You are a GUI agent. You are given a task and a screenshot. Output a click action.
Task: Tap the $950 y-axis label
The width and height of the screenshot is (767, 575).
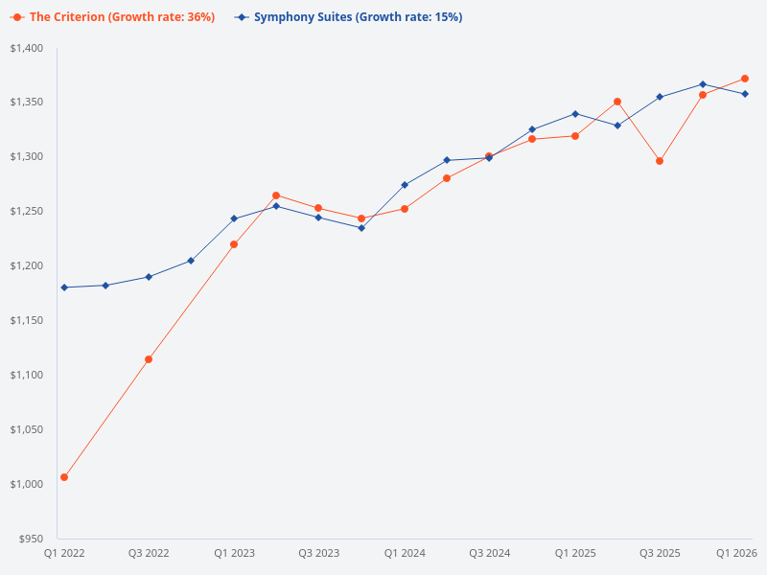coord(32,539)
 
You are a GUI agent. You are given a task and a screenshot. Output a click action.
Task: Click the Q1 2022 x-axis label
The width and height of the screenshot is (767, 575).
coord(64,554)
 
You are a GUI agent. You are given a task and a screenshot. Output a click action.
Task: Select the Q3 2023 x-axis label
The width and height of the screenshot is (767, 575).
coord(318,554)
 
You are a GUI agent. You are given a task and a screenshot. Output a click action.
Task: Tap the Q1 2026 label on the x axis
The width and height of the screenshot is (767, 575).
coord(738,554)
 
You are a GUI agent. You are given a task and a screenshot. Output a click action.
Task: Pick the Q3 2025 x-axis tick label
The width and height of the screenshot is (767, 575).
coord(660,554)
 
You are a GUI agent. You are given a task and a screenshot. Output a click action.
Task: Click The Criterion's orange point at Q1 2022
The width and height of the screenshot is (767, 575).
coord(64,477)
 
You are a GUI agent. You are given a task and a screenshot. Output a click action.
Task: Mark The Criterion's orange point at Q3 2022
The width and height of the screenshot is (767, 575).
coord(149,359)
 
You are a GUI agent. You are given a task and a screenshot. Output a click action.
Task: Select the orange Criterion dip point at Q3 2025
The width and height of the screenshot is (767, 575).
coord(660,161)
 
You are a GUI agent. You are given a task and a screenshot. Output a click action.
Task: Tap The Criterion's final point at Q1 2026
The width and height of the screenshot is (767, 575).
coord(745,79)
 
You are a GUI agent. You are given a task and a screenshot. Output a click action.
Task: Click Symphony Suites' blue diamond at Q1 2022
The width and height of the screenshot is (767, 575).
coord(64,287)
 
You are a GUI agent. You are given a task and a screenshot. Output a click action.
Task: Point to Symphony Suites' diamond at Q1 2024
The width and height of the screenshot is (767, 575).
coord(405,185)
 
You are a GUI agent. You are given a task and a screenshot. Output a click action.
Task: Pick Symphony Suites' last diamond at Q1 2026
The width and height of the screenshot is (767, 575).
coord(745,94)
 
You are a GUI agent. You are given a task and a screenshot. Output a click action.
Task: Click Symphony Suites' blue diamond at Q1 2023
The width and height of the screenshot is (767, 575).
coord(234,218)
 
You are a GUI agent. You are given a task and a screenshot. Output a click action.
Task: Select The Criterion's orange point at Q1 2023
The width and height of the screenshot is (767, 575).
coord(234,244)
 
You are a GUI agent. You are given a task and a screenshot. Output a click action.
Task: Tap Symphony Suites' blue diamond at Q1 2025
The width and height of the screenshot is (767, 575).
coord(575,114)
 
